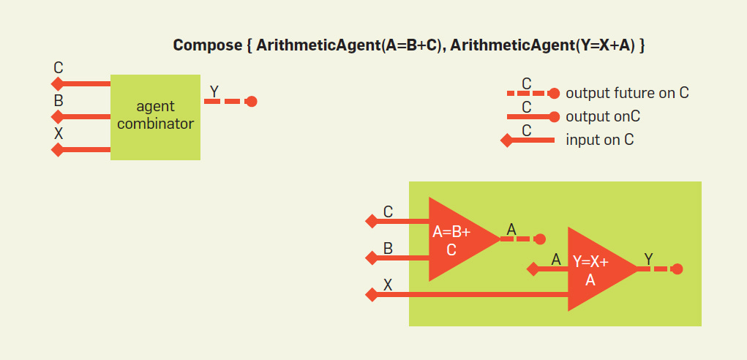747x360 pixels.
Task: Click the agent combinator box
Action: click(x=155, y=116)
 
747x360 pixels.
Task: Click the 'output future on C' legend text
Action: click(x=627, y=94)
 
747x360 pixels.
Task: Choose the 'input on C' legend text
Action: click(x=599, y=139)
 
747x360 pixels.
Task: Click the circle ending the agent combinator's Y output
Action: click(x=251, y=102)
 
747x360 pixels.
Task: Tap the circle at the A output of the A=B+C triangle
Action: click(x=540, y=239)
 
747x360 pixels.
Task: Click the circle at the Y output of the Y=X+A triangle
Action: click(x=677, y=269)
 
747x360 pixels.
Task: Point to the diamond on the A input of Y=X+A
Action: click(x=533, y=269)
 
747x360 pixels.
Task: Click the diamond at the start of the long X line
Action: click(x=371, y=295)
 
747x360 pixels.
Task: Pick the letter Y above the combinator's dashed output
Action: click(x=214, y=91)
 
